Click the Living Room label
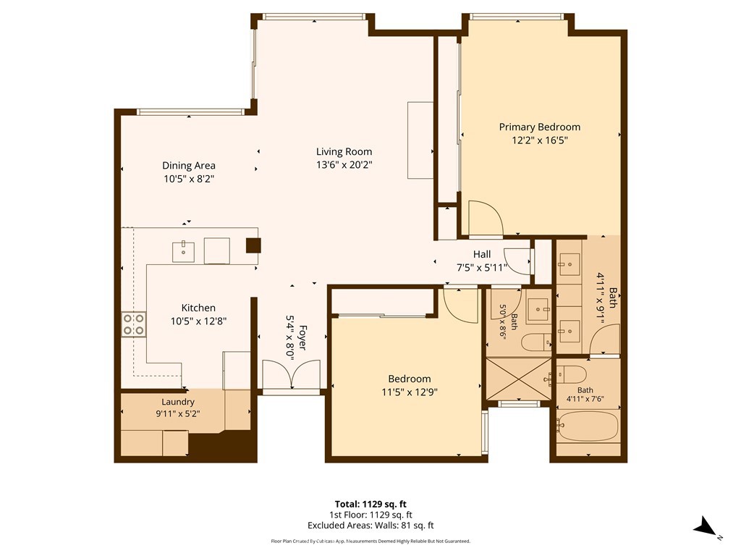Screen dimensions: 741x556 point(344,152)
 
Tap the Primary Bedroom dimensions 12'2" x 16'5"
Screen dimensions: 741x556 point(539,140)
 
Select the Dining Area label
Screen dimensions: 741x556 point(189,166)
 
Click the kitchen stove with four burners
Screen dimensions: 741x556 point(134,324)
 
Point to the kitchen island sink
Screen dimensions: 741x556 point(183,251)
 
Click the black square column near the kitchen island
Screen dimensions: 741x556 point(253,245)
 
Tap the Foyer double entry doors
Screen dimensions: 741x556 point(291,374)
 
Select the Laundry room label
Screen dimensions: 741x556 point(178,402)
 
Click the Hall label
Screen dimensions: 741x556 point(481,254)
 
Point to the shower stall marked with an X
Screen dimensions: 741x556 point(518,379)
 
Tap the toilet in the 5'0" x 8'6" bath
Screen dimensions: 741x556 point(536,342)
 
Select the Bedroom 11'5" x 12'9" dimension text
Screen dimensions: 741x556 point(410,392)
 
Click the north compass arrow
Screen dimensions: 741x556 point(705,526)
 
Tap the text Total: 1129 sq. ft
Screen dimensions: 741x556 point(370,504)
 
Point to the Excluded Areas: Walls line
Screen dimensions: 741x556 point(370,526)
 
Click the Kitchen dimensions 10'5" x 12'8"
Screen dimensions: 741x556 point(198,321)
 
